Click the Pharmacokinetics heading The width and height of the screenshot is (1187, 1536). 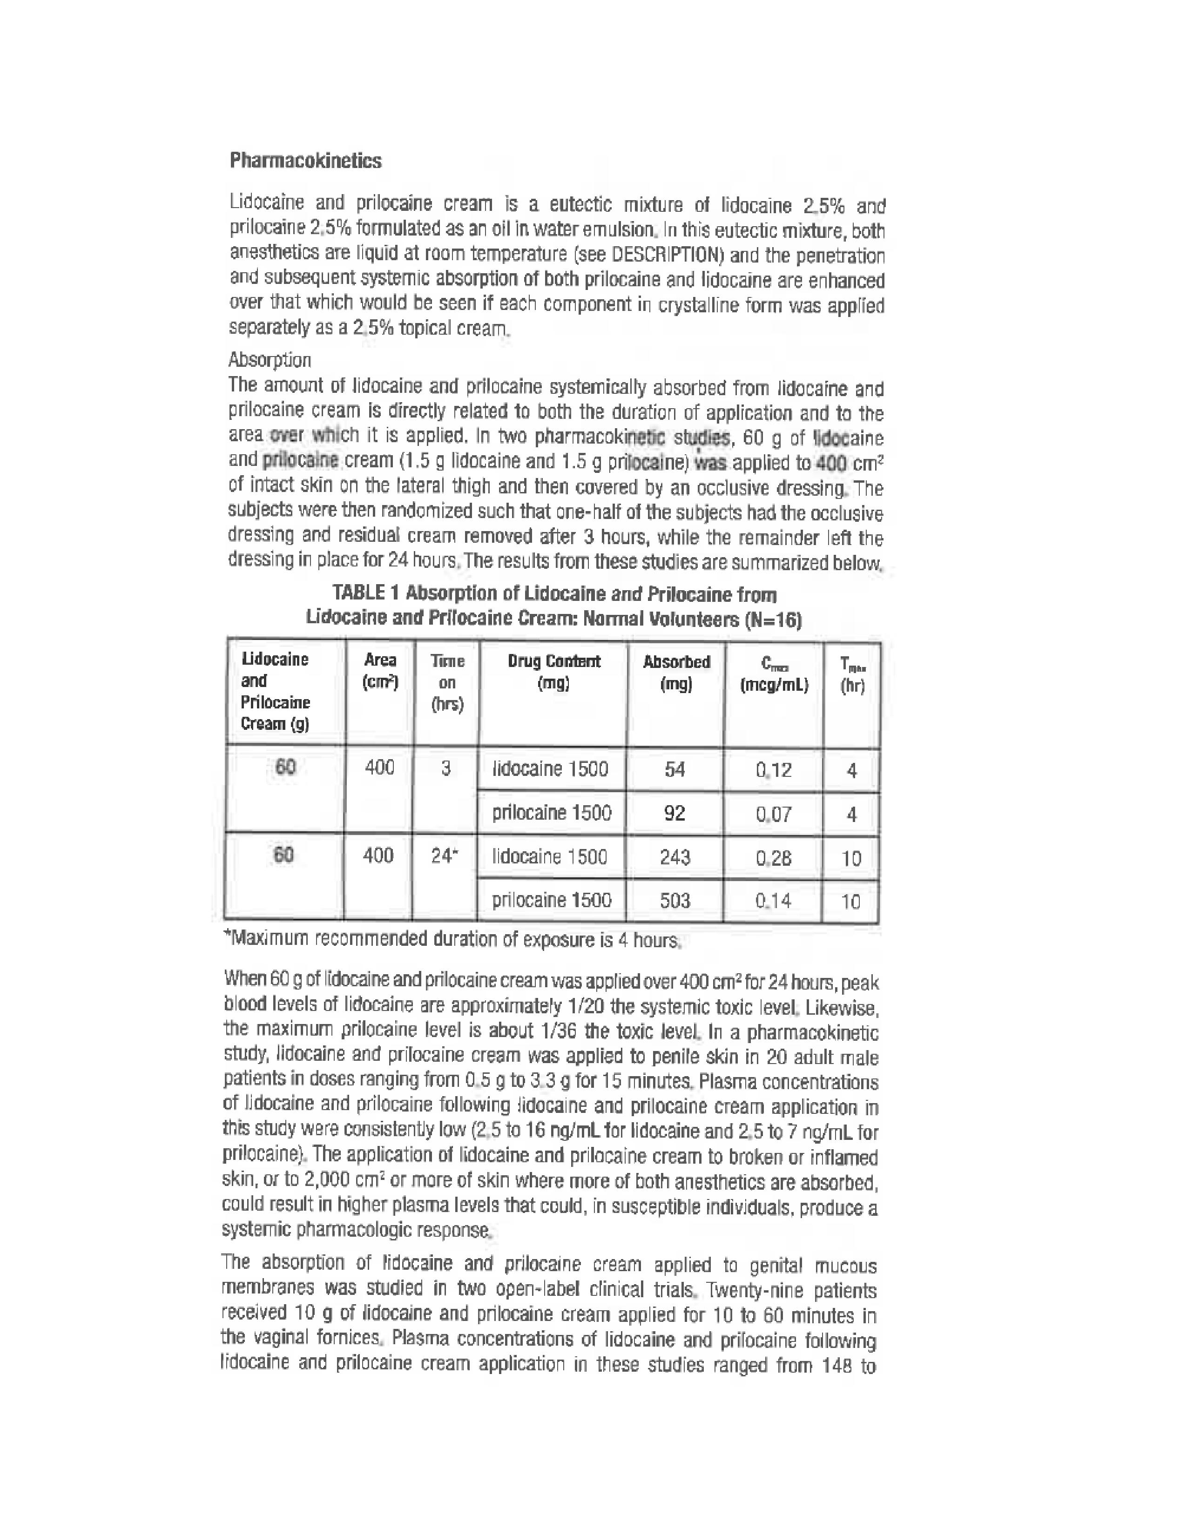(305, 161)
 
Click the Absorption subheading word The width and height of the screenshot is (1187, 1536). (270, 360)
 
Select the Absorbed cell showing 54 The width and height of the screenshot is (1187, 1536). (674, 769)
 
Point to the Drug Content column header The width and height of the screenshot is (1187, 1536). (553, 672)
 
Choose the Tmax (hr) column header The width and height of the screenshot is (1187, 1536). (851, 674)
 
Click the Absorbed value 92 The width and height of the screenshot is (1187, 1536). (674, 813)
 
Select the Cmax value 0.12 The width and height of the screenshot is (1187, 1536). (774, 770)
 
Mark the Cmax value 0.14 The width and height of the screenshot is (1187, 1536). (773, 901)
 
